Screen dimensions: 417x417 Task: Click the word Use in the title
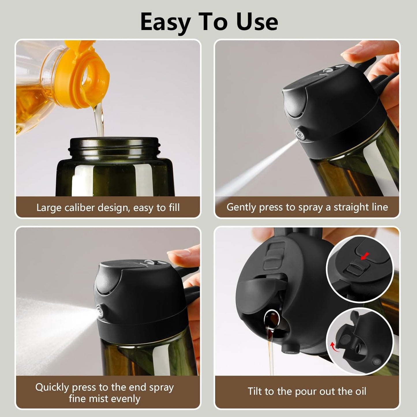pos(257,22)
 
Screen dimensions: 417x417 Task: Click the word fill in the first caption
pos(173,207)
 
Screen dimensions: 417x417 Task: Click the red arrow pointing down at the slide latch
pos(366,255)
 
